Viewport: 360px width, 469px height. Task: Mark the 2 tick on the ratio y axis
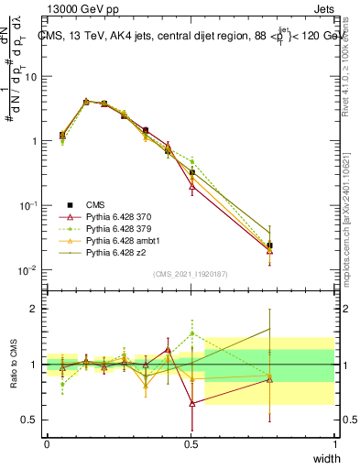point(35,309)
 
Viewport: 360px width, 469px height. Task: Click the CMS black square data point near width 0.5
point(191,172)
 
